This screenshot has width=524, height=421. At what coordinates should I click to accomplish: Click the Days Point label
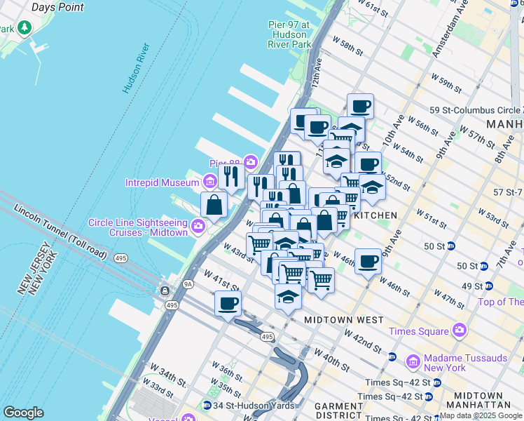click(57, 7)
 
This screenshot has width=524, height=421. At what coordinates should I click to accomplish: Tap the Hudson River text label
click(137, 68)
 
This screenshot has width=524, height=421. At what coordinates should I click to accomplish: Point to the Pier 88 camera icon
click(250, 163)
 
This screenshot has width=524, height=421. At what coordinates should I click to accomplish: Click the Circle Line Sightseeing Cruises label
click(138, 227)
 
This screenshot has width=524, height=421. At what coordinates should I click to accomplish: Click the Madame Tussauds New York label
click(465, 363)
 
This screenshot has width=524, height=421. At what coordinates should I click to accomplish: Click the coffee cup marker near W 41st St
click(228, 304)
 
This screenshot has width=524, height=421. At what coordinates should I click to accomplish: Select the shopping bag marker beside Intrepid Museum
click(214, 206)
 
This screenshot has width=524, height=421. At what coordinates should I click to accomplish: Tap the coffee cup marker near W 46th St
click(368, 262)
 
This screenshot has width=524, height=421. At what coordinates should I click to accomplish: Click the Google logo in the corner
click(23, 413)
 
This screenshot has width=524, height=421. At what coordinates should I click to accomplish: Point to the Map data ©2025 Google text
click(481, 415)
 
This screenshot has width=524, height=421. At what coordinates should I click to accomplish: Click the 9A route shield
click(187, 284)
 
